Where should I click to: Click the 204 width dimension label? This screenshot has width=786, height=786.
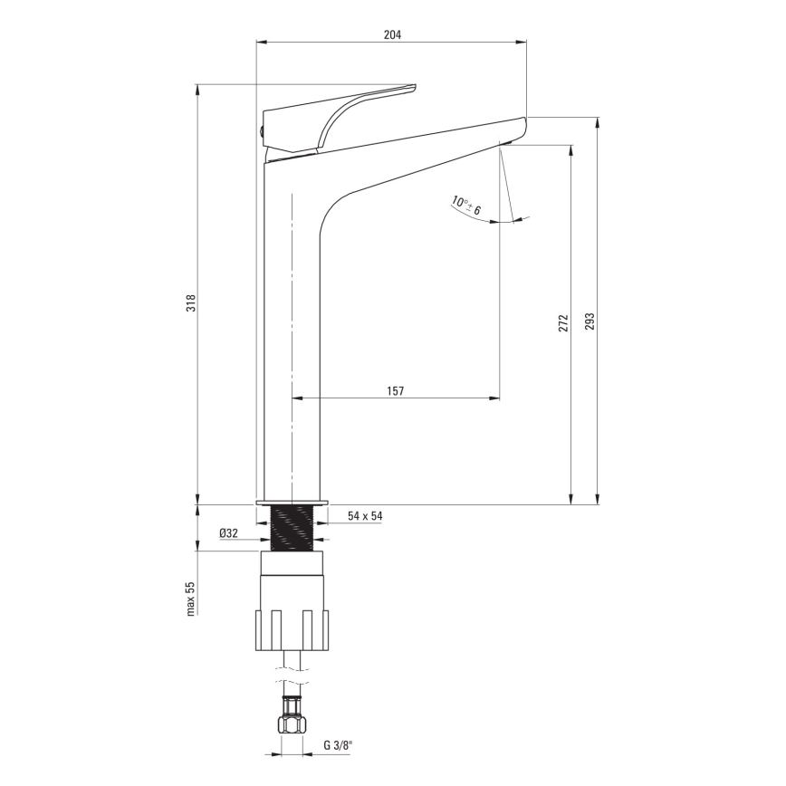[392, 34]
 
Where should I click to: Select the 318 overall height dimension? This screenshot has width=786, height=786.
[191, 302]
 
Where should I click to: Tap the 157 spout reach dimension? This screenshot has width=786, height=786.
[395, 390]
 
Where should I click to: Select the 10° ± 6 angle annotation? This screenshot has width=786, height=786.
[467, 206]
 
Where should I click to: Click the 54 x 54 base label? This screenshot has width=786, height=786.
[366, 516]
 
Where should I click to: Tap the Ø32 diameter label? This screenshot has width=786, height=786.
[228, 533]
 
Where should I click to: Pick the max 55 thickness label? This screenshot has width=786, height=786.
[191, 599]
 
